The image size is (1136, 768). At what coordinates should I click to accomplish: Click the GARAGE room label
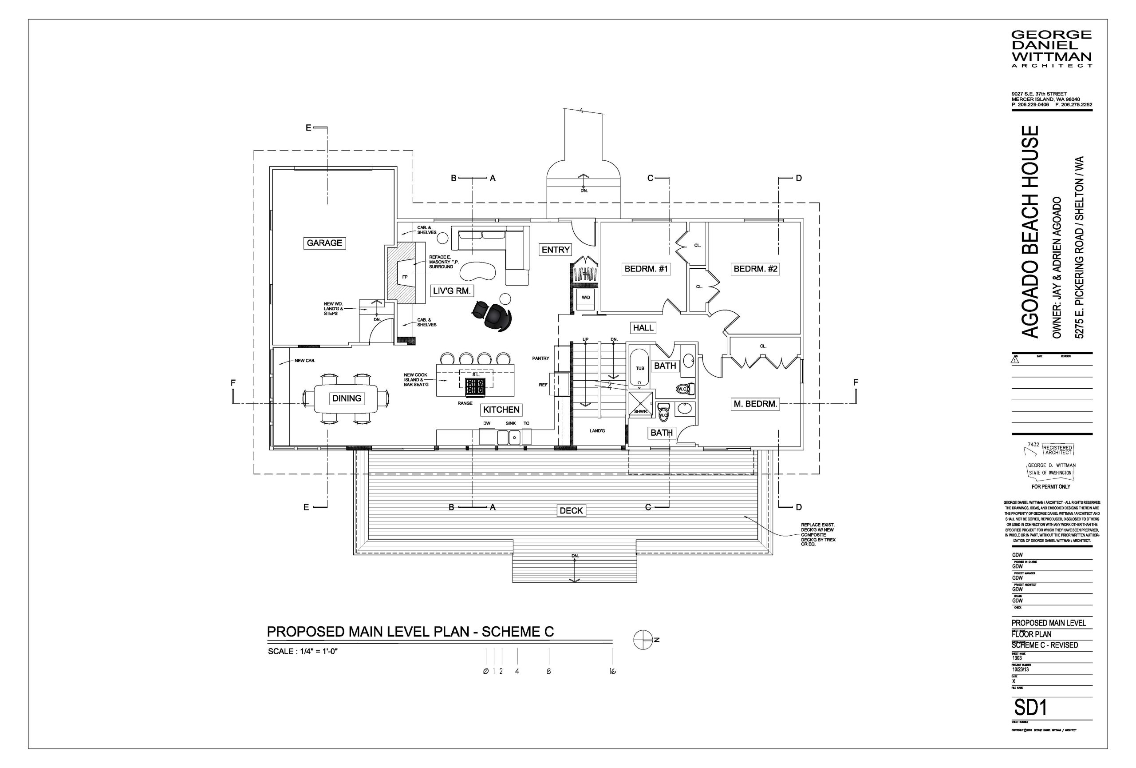coord(324,243)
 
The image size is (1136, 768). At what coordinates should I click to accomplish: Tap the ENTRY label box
coord(555,250)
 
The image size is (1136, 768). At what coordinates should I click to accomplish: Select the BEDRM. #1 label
coord(646,269)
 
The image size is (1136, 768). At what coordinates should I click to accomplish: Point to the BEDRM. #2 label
coord(755,269)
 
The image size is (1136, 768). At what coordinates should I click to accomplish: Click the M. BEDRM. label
coord(755,404)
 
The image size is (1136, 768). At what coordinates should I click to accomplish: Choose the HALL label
coord(643,328)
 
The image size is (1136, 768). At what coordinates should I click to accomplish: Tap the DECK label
coord(571,511)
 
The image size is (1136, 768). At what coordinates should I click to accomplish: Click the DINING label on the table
coord(347,399)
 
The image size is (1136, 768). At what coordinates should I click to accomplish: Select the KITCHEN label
coord(501,410)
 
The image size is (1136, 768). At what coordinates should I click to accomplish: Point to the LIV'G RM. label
coord(452,291)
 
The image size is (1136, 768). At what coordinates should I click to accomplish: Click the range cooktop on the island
coord(474,388)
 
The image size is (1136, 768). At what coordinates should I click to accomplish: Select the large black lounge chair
coord(498,318)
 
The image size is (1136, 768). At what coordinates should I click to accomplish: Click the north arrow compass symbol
coord(643,640)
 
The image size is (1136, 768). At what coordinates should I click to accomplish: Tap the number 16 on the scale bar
coord(612,672)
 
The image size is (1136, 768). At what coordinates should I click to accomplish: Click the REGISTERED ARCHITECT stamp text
coord(1057,450)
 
